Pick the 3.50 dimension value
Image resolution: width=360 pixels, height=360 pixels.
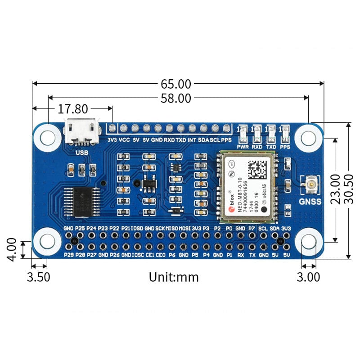[x=39, y=276]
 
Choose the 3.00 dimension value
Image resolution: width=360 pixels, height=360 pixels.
[x=309, y=276]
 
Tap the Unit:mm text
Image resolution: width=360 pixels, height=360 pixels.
[x=174, y=276]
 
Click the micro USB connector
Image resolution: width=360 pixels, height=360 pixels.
[x=81, y=131]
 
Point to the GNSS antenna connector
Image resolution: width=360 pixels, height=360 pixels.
[x=310, y=184]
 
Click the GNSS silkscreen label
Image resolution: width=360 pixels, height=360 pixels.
[x=310, y=201]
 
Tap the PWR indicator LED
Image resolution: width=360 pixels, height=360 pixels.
[x=243, y=133]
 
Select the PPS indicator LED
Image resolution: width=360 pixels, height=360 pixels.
[x=284, y=133]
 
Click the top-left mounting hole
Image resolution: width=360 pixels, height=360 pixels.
[x=47, y=136]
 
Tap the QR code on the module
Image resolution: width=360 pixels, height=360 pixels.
[x=258, y=169]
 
